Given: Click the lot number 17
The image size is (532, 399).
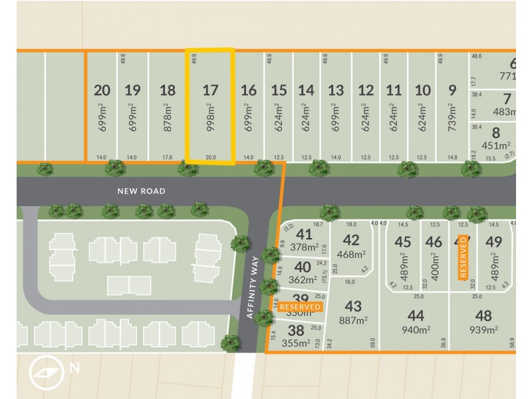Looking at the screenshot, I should click(210, 90).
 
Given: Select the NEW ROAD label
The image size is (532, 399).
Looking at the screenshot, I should click(141, 191).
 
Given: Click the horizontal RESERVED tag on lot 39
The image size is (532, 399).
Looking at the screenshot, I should click(300, 307).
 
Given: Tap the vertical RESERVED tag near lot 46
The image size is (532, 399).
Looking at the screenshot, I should click(464, 258).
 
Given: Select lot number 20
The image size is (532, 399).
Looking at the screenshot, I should click(102, 90).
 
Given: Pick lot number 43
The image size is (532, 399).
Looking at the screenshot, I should click(353, 306).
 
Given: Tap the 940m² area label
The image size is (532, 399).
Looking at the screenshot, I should click(416, 329).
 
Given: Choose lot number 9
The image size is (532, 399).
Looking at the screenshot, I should click(453, 90).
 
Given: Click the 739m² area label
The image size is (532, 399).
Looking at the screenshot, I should click(453, 117).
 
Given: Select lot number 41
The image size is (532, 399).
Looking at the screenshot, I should click(304, 234).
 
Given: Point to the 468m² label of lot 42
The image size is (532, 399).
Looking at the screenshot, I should click(352, 254).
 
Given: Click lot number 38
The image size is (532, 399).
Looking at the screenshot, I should click(296, 330).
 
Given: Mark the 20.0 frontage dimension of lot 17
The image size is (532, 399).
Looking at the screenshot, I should click(210, 158).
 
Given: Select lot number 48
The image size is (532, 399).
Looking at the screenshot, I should click(483, 316).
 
